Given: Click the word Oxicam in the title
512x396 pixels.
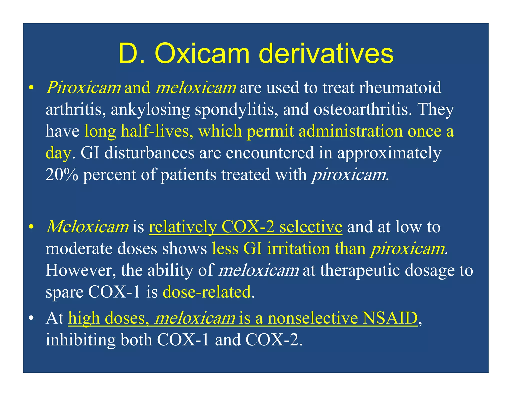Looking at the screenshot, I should pos(202,54).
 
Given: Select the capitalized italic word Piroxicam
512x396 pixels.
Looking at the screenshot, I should pos(83,88).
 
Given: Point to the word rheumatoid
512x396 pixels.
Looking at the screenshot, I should pos(400,88).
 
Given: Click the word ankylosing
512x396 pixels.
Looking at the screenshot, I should pos(150,110).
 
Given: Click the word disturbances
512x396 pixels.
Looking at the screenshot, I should pos(149,153).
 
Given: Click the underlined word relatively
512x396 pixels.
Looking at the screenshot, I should pos(182,227).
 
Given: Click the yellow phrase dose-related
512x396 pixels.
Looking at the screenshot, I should pos(207,292).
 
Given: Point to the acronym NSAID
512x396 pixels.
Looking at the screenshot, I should pos(390,318).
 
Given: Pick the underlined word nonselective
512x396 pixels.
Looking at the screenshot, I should pos(312,318).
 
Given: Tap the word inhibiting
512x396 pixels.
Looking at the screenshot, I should pos(80,340).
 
